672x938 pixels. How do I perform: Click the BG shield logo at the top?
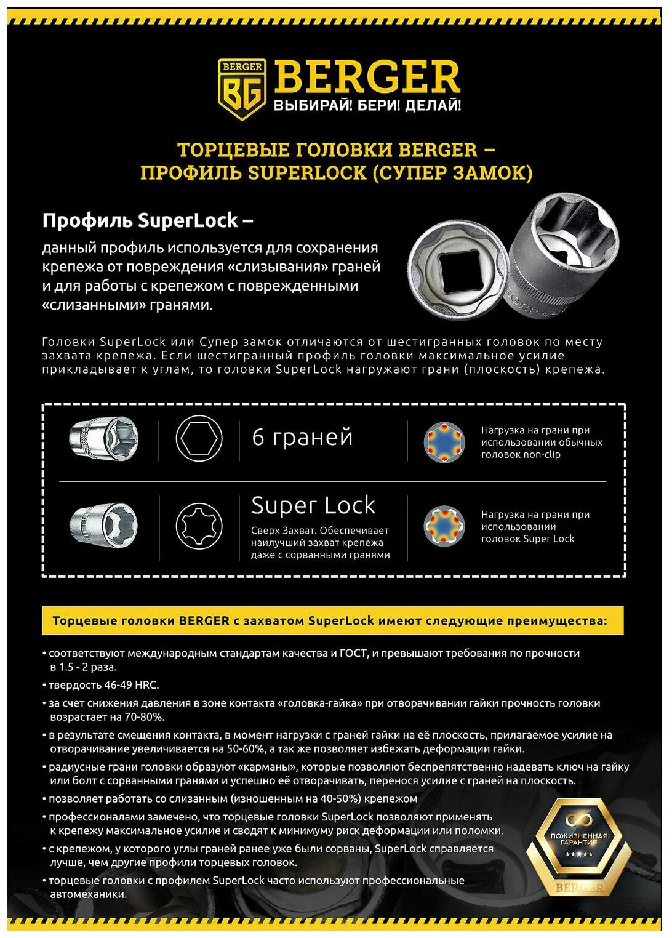point(242,89)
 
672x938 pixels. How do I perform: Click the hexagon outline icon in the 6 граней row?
point(199,439)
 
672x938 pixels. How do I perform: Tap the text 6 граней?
point(302,437)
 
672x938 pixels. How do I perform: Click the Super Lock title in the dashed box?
point(313,505)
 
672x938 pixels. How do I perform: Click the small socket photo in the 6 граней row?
point(103,438)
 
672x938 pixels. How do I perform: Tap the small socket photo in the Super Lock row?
point(103,525)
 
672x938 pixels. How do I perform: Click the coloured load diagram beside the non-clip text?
point(444,441)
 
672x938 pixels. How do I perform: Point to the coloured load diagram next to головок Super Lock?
point(444,526)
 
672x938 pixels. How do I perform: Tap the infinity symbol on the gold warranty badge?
point(579,819)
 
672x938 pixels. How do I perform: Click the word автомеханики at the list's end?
point(88,894)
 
